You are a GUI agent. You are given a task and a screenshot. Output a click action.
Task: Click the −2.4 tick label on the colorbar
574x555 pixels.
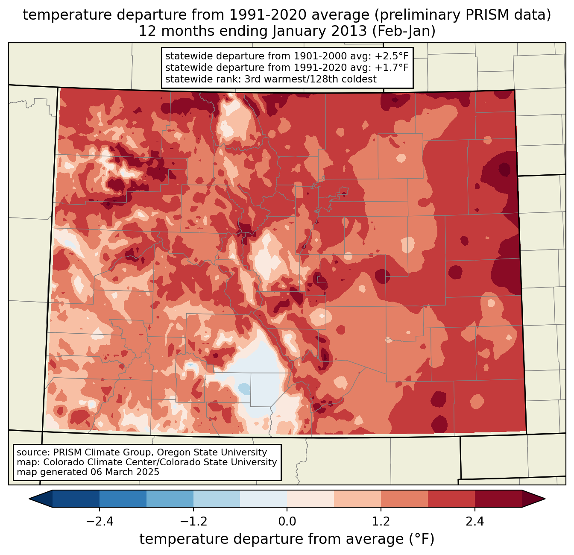(x=100, y=522)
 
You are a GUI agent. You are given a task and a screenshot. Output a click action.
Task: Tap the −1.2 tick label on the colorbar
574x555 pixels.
(x=193, y=522)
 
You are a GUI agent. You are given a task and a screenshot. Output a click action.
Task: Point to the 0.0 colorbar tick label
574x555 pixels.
(x=287, y=522)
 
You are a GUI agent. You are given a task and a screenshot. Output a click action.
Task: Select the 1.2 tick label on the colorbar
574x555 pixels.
(x=381, y=522)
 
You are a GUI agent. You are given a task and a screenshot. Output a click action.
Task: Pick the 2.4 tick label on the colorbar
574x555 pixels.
(x=474, y=522)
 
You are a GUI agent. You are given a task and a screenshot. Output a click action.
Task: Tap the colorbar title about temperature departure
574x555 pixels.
(x=287, y=540)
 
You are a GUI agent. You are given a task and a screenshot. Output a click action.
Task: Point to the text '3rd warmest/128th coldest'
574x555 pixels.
(x=310, y=79)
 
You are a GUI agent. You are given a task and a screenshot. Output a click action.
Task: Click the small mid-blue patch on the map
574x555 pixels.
(x=244, y=388)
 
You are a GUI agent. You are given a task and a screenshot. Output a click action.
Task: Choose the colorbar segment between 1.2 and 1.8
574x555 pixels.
(x=404, y=499)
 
